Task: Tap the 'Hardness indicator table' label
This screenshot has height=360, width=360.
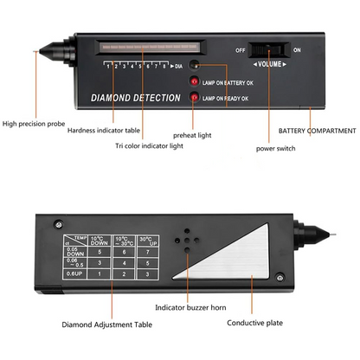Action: click(104, 130)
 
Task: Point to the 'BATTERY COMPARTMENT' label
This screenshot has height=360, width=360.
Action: click(317, 131)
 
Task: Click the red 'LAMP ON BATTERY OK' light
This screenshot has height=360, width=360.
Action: click(196, 81)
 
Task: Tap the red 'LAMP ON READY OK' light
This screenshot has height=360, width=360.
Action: click(196, 97)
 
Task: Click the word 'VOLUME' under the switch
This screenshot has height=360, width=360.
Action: click(272, 63)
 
